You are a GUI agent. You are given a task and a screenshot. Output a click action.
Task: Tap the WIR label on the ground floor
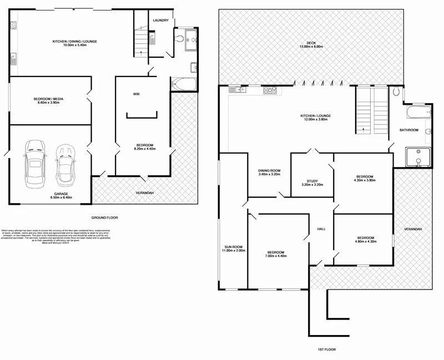click(136, 94)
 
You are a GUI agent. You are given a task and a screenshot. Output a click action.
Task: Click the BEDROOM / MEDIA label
click(49, 102)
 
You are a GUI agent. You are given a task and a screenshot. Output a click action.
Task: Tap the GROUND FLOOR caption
click(104, 218)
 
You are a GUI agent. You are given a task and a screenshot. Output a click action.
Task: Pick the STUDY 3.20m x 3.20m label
click(312, 182)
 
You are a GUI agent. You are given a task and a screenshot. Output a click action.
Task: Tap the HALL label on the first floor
click(321, 229)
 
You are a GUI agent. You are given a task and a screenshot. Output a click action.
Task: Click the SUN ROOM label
click(233, 249)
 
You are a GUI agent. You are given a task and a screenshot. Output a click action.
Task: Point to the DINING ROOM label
click(269, 173)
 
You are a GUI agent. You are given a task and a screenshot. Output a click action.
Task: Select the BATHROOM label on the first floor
click(410, 130)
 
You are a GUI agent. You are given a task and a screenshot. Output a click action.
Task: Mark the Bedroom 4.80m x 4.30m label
click(365, 239)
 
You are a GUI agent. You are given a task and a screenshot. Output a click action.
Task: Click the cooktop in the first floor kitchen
click(270, 90)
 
